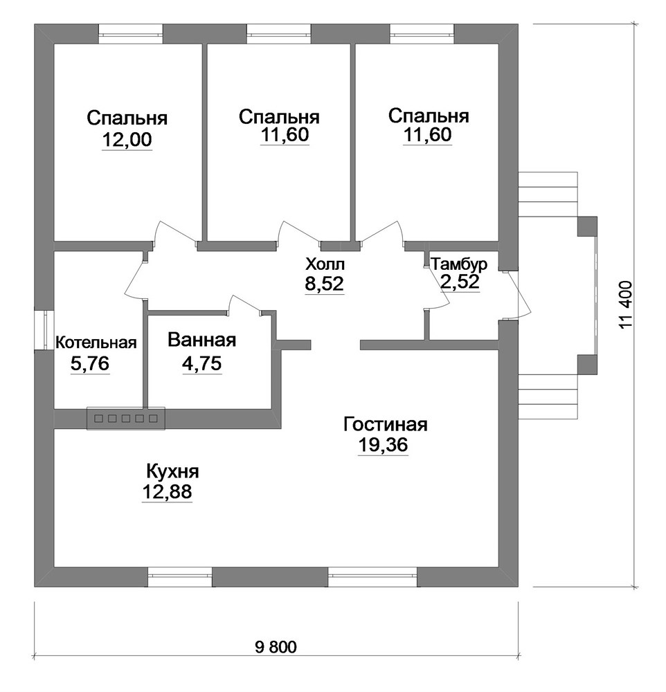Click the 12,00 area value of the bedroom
(x=127, y=140)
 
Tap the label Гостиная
(x=386, y=425)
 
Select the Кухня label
(x=172, y=472)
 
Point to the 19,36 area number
(x=383, y=445)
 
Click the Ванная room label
(x=202, y=340)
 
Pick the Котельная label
(x=96, y=343)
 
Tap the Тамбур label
(x=459, y=264)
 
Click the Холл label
(x=325, y=265)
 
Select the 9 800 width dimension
(x=276, y=648)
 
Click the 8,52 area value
(x=324, y=284)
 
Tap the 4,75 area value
(x=202, y=364)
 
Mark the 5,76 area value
(x=90, y=364)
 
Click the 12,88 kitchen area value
(x=167, y=491)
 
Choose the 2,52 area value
(x=460, y=281)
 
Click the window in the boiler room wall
(x=44, y=330)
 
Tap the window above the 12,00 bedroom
(x=130, y=34)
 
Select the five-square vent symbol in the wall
(x=126, y=418)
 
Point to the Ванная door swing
(x=244, y=304)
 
